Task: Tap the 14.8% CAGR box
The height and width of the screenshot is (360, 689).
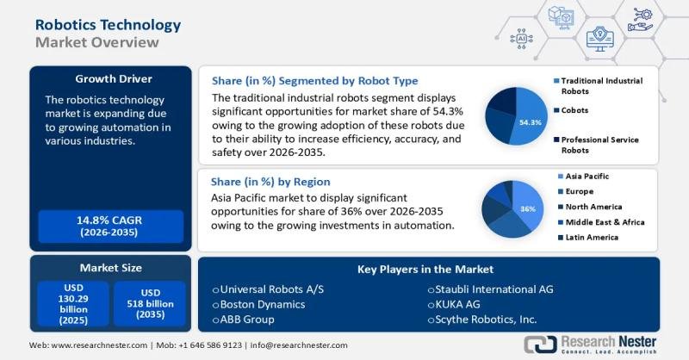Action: click(107, 226)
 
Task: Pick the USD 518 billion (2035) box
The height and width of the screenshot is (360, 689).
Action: click(149, 303)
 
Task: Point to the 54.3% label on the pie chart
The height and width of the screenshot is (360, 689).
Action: click(531, 122)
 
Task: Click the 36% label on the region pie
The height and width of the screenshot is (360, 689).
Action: click(528, 209)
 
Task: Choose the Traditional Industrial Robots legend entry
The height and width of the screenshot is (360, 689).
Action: click(601, 85)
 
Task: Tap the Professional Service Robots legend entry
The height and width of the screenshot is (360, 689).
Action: click(601, 144)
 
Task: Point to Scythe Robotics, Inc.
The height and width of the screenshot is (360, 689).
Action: click(487, 320)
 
